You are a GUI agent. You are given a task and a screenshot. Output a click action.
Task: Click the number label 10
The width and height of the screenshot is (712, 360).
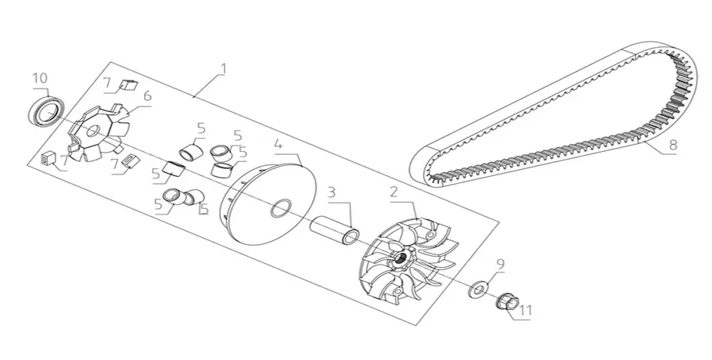pyautogui.click(x=40, y=78)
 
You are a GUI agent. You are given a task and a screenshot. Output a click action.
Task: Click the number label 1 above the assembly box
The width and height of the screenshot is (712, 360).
pyautogui.click(x=224, y=69)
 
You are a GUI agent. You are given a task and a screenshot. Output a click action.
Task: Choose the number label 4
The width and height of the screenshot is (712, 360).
pyautogui.click(x=279, y=145)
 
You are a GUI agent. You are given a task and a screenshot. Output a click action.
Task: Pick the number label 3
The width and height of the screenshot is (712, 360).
pyautogui.click(x=332, y=192)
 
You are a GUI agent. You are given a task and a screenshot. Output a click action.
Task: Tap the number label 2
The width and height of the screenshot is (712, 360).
pyautogui.click(x=394, y=192)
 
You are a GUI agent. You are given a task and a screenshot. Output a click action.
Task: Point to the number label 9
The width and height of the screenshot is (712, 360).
pyautogui.click(x=500, y=264)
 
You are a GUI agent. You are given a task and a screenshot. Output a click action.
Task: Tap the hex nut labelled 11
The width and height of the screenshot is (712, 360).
pyautogui.click(x=504, y=301)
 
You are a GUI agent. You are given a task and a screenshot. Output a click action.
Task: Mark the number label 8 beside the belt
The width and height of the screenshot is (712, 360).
pyautogui.click(x=673, y=145)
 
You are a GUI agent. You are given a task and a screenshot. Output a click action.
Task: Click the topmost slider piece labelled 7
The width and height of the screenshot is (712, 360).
pyautogui.click(x=128, y=85)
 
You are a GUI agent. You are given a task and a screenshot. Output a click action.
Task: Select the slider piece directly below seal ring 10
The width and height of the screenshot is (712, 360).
pyautogui.click(x=49, y=159)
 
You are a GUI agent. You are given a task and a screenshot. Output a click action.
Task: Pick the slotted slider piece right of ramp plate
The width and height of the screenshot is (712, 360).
pyautogui.click(x=131, y=161)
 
